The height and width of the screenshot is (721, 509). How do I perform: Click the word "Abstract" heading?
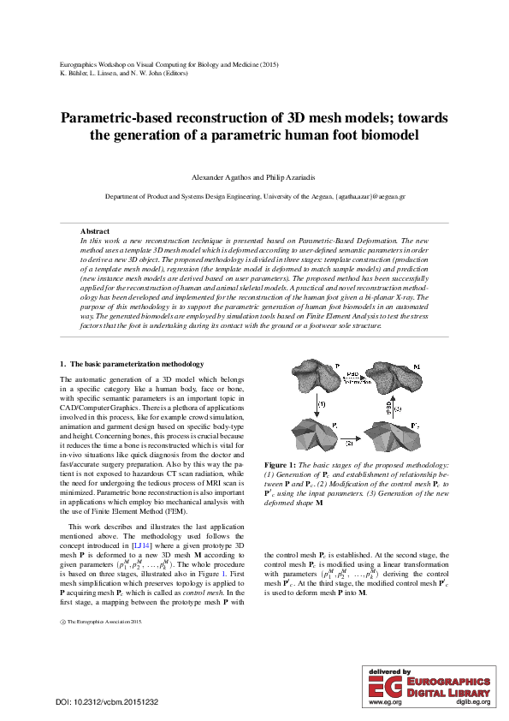[x=94, y=231]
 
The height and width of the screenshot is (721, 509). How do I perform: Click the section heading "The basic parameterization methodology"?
[x=132, y=366]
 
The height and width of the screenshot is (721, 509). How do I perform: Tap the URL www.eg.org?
[x=384, y=703]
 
